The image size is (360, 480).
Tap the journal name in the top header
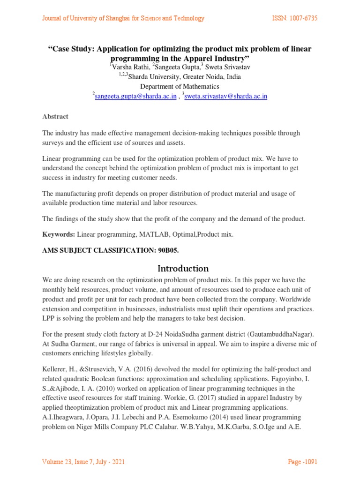click(123, 18)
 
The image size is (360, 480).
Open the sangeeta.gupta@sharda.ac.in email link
click(135, 96)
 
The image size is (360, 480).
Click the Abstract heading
click(55, 116)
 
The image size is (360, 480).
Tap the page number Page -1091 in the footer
click(302, 462)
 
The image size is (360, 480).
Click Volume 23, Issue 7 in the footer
click(73, 462)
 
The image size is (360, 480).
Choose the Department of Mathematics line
click(180, 86)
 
